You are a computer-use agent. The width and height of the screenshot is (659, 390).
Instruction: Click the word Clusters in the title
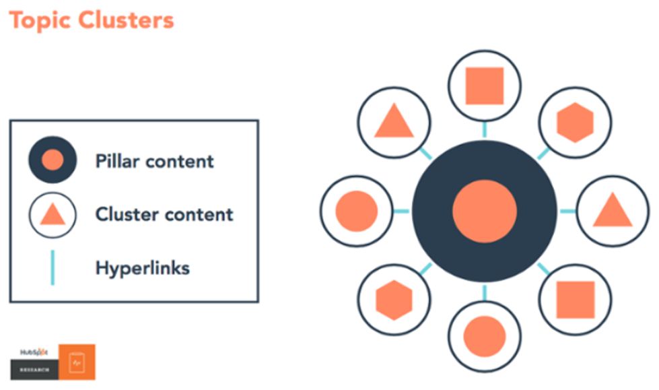pyautogui.click(x=126, y=20)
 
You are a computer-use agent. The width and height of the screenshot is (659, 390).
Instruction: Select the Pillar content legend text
pyautogui.click(x=155, y=161)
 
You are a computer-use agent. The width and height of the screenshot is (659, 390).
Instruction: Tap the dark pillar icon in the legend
pyautogui.click(x=53, y=160)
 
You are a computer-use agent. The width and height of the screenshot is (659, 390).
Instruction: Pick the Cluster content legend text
pyautogui.click(x=164, y=214)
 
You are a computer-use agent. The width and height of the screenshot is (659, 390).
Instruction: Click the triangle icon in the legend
pyautogui.click(x=53, y=215)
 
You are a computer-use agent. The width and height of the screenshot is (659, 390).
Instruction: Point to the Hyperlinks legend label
pyautogui.click(x=143, y=268)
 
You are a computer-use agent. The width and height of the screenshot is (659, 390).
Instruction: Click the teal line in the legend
pyautogui.click(x=53, y=267)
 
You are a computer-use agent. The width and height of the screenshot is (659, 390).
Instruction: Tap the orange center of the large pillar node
pyautogui.click(x=485, y=212)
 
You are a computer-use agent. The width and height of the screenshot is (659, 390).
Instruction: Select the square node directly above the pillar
pyautogui.click(x=485, y=86)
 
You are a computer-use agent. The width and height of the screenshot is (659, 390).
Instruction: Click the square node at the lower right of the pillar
pyautogui.click(x=576, y=300)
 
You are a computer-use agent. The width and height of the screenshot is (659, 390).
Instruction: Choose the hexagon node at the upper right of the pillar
pyautogui.click(x=576, y=123)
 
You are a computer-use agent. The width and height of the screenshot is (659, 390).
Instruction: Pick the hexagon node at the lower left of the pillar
pyautogui.click(x=394, y=300)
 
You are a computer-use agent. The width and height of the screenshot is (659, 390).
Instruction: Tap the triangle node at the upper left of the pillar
pyautogui.click(x=394, y=123)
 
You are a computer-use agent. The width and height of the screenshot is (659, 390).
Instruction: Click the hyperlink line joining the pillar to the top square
pyautogui.click(x=485, y=129)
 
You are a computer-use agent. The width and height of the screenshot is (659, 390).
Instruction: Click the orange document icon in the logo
pyautogui.click(x=77, y=362)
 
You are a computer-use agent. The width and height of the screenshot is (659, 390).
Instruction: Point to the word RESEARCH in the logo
pyautogui.click(x=34, y=370)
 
